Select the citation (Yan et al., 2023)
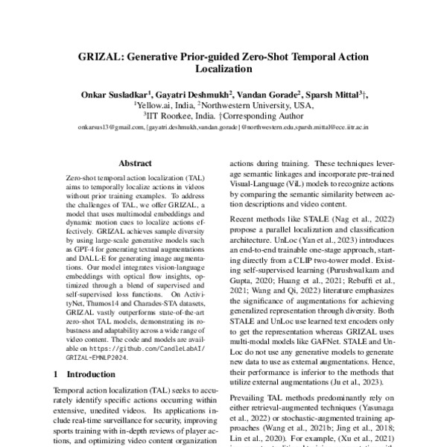pyautogui.click(x=323, y=241)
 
